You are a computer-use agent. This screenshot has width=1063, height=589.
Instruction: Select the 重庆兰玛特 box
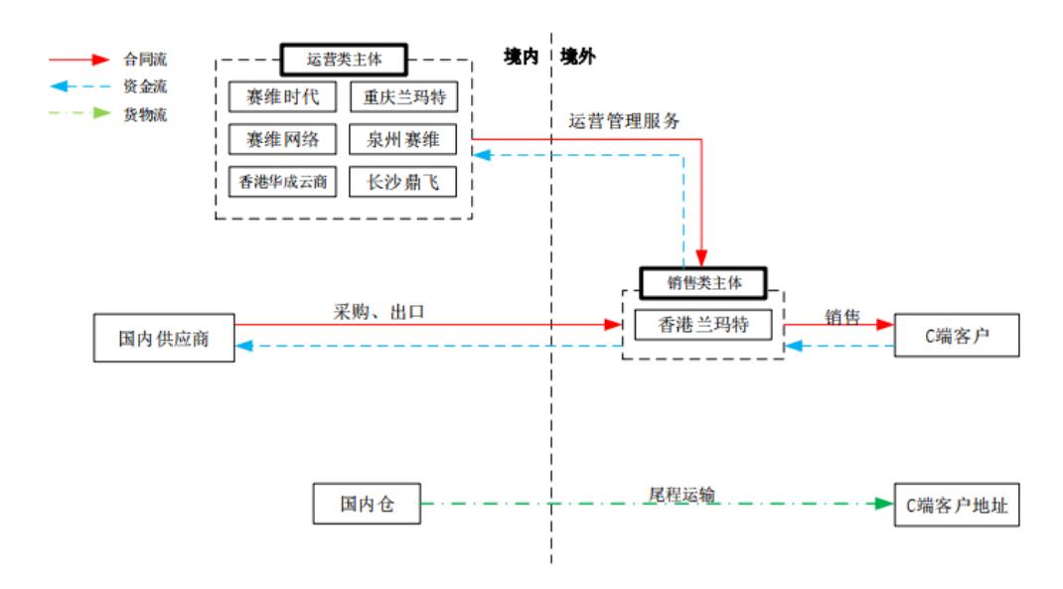403,97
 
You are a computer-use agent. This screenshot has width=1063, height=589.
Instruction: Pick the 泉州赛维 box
403,139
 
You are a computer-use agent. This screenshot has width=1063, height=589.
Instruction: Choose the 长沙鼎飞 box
403,182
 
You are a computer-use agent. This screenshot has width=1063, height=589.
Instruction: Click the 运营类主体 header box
344,60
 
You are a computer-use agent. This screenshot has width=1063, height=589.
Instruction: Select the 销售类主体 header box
703,282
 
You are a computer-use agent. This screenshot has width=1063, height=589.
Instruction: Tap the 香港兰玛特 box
703,324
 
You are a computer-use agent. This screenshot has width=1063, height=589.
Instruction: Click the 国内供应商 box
163,339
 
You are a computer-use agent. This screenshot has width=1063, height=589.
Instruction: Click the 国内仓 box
367,504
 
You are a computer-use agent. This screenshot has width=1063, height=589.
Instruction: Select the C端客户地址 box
957,504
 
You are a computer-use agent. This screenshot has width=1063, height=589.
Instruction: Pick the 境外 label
578,57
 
